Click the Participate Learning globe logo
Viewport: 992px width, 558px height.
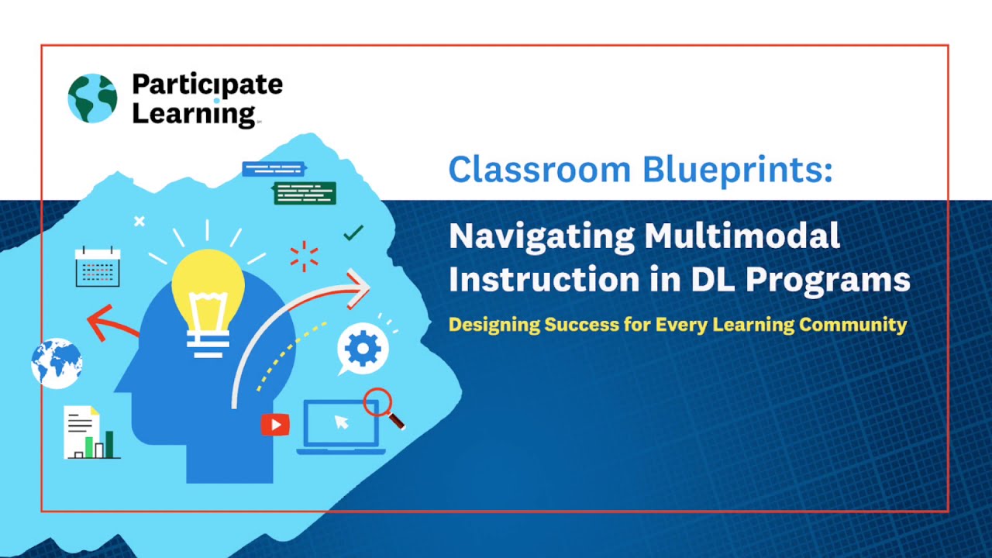click(x=92, y=98)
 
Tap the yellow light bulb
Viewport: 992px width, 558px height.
click(x=208, y=295)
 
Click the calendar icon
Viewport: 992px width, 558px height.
click(x=98, y=267)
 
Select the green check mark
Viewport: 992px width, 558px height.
click(x=353, y=232)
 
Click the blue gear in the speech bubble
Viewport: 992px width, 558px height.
click(x=363, y=350)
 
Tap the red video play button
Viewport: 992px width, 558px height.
click(x=275, y=424)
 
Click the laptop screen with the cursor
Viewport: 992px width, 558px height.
click(x=340, y=423)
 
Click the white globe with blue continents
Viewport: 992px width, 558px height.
click(x=57, y=363)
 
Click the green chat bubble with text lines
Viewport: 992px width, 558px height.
click(x=305, y=193)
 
